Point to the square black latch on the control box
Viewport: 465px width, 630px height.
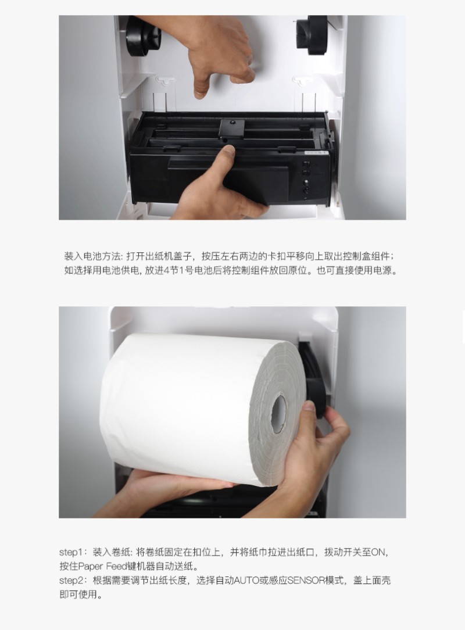coord(232,128)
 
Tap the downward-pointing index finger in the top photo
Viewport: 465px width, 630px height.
coord(201,87)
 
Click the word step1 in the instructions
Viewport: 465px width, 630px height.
coord(71,553)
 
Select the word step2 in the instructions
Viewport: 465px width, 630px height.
coord(71,581)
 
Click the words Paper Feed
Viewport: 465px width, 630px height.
coord(102,567)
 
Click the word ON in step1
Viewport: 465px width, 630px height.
coord(378,553)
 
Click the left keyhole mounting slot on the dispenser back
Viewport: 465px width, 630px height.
coord(166,81)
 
